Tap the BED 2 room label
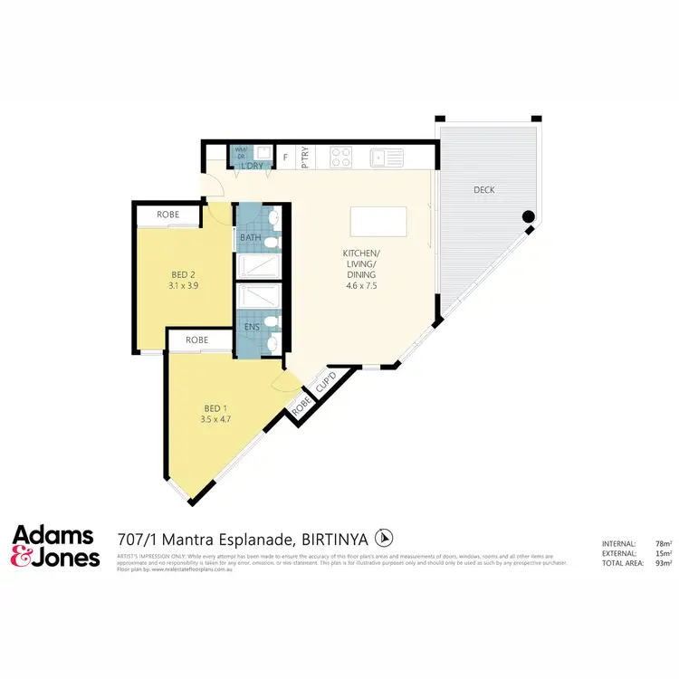(184, 274)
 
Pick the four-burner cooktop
(341, 158)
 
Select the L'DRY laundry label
(251, 166)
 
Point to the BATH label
(250, 238)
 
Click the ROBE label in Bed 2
(167, 215)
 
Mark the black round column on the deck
(528, 217)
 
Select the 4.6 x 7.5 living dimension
(359, 285)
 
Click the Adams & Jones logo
(55, 545)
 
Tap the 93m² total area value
(664, 563)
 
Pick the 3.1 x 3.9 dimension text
(184, 285)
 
